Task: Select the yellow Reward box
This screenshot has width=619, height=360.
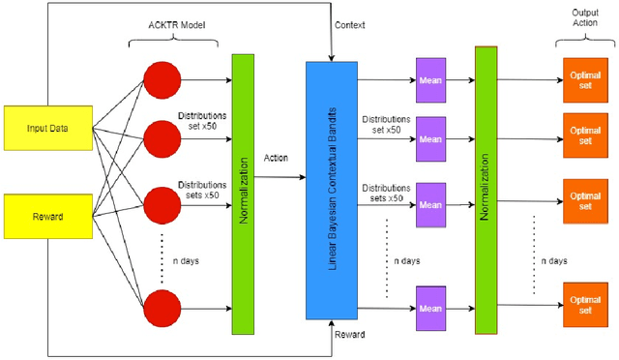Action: pos(46,216)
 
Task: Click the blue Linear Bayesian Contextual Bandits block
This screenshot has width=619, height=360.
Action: pos(332,190)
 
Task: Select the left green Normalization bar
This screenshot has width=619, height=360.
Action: pos(243,194)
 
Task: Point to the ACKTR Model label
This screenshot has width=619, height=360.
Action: pos(173,24)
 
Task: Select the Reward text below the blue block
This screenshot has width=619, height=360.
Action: pos(348,334)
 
